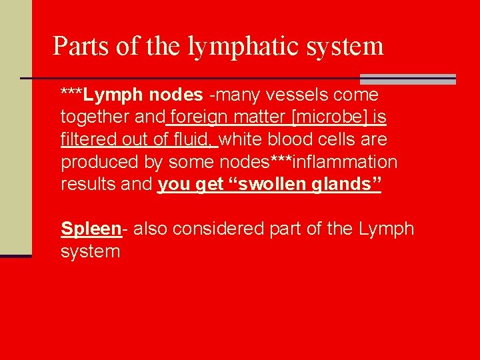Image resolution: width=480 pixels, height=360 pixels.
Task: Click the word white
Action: [x=240, y=140]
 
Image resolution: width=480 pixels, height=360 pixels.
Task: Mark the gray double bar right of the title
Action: [x=408, y=79]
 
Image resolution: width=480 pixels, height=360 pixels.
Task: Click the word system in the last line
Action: [x=91, y=251]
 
